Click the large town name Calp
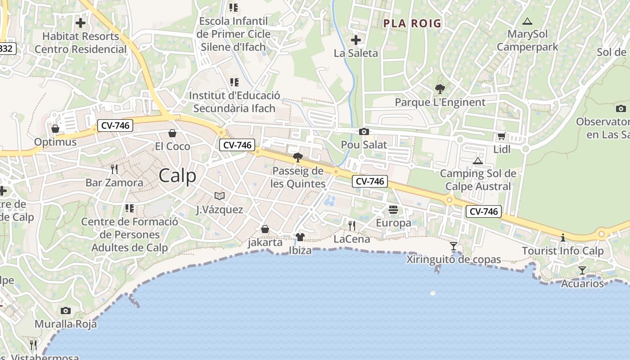point(177,175)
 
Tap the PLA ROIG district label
point(412,23)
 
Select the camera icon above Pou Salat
point(364,132)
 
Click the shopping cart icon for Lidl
point(501,136)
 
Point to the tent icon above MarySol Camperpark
point(527,21)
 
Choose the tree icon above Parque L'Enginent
point(440,89)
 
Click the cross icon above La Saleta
point(355,40)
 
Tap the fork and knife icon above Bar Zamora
point(114,169)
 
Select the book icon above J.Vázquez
point(219,196)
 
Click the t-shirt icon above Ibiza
point(300,237)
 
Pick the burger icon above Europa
point(393,210)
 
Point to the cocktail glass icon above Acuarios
point(582,270)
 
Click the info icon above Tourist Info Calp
point(562,238)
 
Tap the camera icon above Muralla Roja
point(66,310)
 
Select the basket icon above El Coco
point(172,133)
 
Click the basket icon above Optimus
point(55,129)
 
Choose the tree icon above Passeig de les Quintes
point(297,157)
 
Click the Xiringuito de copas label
point(454,260)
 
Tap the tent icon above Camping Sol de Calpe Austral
point(478,161)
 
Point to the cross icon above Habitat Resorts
point(81,23)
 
